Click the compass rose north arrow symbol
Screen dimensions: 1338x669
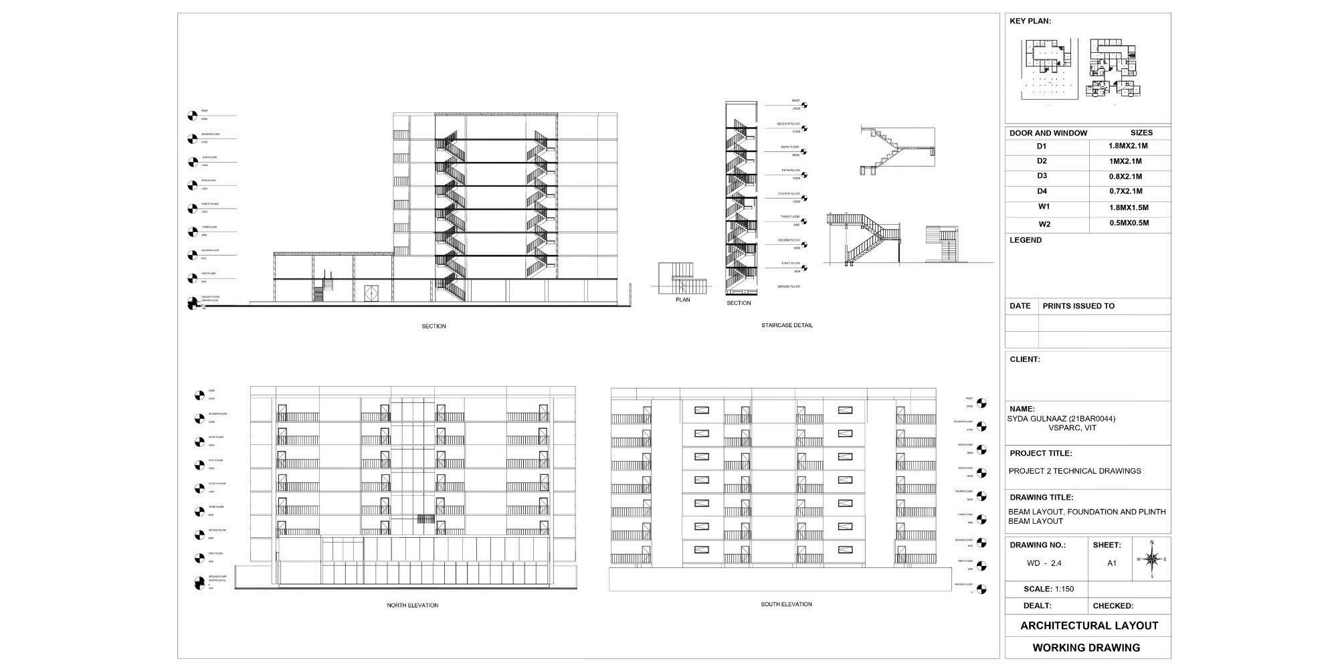click(1151, 559)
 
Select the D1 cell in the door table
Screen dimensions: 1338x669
click(1042, 147)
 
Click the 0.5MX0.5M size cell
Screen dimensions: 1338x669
click(1129, 223)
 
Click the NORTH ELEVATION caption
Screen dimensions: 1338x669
click(412, 605)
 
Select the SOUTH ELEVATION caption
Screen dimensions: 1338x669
click(786, 605)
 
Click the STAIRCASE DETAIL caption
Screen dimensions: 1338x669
click(787, 326)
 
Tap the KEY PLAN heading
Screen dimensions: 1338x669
click(1030, 21)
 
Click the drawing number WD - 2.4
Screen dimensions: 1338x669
click(1044, 563)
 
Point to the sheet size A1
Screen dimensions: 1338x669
click(1112, 563)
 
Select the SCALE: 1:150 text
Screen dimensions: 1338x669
click(1048, 589)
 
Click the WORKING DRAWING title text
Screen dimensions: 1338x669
click(1086, 648)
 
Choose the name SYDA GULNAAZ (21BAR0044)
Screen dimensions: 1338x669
click(1061, 419)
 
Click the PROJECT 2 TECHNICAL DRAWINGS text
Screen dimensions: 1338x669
click(1074, 471)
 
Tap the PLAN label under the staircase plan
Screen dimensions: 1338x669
click(682, 300)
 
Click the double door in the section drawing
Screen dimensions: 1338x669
click(371, 293)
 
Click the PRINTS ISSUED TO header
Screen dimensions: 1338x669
click(1078, 306)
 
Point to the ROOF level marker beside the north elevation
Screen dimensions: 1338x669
click(199, 395)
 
